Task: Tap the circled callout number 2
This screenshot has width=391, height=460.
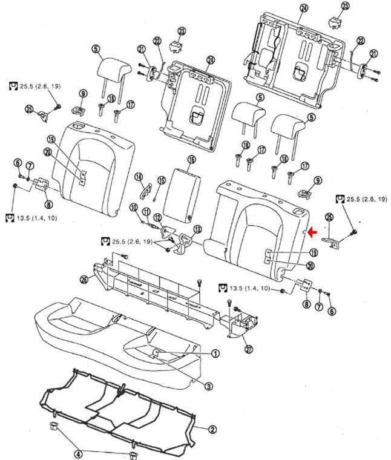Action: (x=212, y=430)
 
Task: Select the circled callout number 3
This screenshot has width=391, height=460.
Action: (x=208, y=386)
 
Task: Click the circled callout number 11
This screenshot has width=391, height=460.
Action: (x=146, y=212)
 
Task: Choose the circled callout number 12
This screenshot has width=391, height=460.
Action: (x=157, y=217)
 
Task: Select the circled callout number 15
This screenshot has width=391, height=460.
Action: (x=162, y=180)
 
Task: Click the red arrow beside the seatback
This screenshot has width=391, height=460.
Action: (x=313, y=232)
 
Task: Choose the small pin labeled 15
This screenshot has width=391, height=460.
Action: (x=156, y=195)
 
